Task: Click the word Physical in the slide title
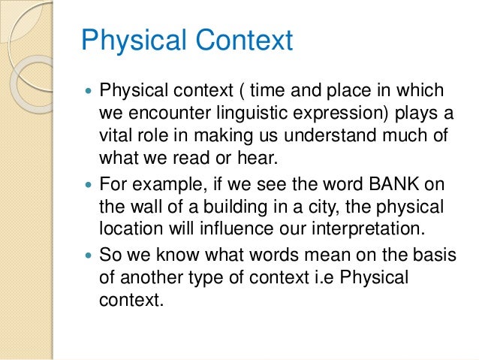[x=123, y=41]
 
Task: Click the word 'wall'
[x=141, y=206]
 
